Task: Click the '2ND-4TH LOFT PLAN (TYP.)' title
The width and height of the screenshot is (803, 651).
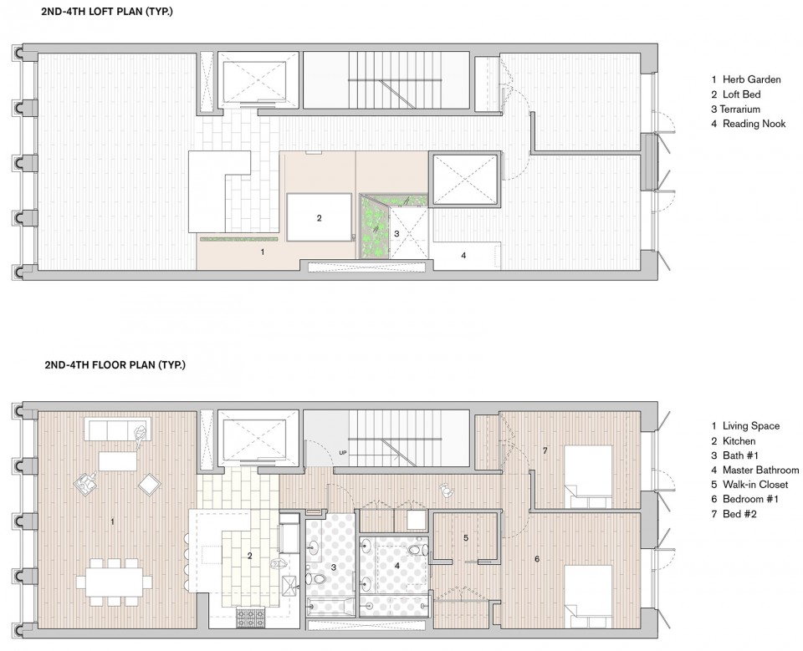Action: point(107,11)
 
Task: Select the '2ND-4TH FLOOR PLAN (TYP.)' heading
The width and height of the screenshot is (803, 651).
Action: point(115,365)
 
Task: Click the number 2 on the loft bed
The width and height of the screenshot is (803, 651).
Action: point(319,218)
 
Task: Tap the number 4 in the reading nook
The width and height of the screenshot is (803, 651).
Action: point(463,255)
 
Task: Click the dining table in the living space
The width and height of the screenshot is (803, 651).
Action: point(115,582)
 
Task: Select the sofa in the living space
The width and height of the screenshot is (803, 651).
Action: point(120,429)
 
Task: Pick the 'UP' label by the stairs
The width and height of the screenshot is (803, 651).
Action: point(343,452)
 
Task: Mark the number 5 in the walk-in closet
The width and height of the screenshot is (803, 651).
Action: point(466,538)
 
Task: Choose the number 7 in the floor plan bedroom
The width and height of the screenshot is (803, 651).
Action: point(545,450)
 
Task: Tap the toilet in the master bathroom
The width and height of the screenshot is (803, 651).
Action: point(419,550)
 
